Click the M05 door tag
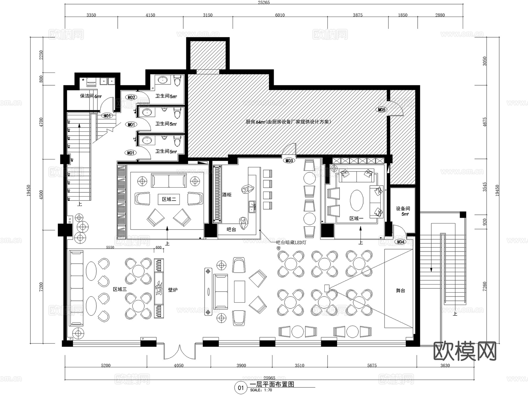pos(381,110)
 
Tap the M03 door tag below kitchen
pos(289,160)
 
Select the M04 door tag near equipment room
pos(400,242)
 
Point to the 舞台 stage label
pos(400,290)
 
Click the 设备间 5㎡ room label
pos(403,211)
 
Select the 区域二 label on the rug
pos(169,199)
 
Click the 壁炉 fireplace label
pos(173,290)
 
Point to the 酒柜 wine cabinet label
pos(226,194)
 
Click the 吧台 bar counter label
pos(231,229)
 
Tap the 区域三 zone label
pos(120,289)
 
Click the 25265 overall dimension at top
pos(263,2)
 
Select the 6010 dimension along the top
pos(280,15)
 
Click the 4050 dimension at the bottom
pos(178,365)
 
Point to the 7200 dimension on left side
pos(41,286)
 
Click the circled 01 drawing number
pos(241,388)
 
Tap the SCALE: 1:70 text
pos(261,390)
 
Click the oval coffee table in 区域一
pos(356,200)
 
